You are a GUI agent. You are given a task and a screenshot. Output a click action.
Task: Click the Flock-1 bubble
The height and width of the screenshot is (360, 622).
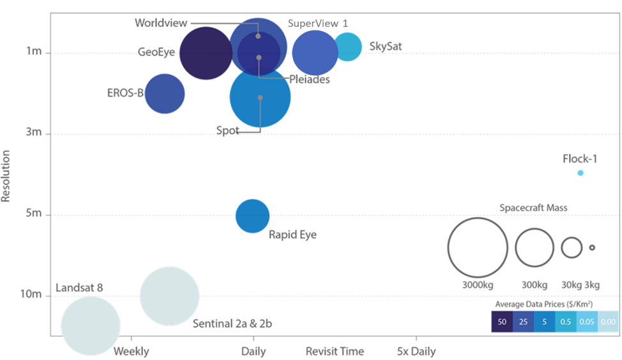[580, 173]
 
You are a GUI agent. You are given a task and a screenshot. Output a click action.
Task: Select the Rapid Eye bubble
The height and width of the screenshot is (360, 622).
[253, 216]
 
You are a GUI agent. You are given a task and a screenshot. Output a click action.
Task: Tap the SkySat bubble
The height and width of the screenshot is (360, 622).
[348, 47]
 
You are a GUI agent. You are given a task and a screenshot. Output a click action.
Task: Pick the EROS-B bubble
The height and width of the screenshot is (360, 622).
[165, 94]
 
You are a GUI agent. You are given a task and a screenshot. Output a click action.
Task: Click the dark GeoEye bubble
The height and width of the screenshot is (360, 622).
[206, 53]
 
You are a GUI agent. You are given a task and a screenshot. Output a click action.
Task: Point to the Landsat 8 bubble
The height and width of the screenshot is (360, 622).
[91, 326]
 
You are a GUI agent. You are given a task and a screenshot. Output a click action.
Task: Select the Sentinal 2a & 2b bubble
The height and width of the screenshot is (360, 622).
[169, 296]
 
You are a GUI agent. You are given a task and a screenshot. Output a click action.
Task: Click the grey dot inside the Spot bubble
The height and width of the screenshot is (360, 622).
[260, 98]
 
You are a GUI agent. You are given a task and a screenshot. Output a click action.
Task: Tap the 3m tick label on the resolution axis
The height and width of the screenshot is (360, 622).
[34, 132]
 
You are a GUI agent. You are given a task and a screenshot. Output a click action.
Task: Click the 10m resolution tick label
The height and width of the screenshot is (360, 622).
[31, 294]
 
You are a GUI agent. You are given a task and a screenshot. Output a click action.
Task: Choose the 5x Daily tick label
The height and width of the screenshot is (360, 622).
[416, 351]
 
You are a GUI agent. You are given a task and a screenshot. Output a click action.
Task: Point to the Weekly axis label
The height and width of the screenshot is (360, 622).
[132, 351]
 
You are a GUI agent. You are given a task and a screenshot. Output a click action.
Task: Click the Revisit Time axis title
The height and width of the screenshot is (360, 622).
[335, 351]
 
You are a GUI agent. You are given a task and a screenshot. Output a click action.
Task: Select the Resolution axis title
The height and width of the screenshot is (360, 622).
[6, 176]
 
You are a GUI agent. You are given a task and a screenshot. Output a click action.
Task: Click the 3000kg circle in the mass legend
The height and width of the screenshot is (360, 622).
[478, 248]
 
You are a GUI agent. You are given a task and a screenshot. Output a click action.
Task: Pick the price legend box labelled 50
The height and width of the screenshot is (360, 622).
[502, 322]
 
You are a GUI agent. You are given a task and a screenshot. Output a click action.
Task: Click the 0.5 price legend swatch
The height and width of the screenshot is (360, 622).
[566, 322]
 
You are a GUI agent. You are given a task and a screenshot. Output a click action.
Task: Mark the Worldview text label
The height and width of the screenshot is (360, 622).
[161, 23]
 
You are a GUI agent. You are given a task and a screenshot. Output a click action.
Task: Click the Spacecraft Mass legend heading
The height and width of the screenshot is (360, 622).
[533, 207]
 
